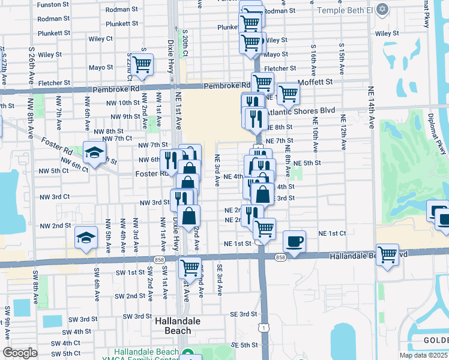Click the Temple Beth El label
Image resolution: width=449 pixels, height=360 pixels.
(343, 10)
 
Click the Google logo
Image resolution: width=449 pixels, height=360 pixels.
(20, 353)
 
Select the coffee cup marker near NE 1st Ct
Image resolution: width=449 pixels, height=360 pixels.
(294, 242)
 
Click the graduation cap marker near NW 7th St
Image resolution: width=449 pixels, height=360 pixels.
(94, 152)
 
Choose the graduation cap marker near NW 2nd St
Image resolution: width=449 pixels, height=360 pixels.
(86, 238)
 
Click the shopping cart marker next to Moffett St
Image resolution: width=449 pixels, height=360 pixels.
(288, 93)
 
